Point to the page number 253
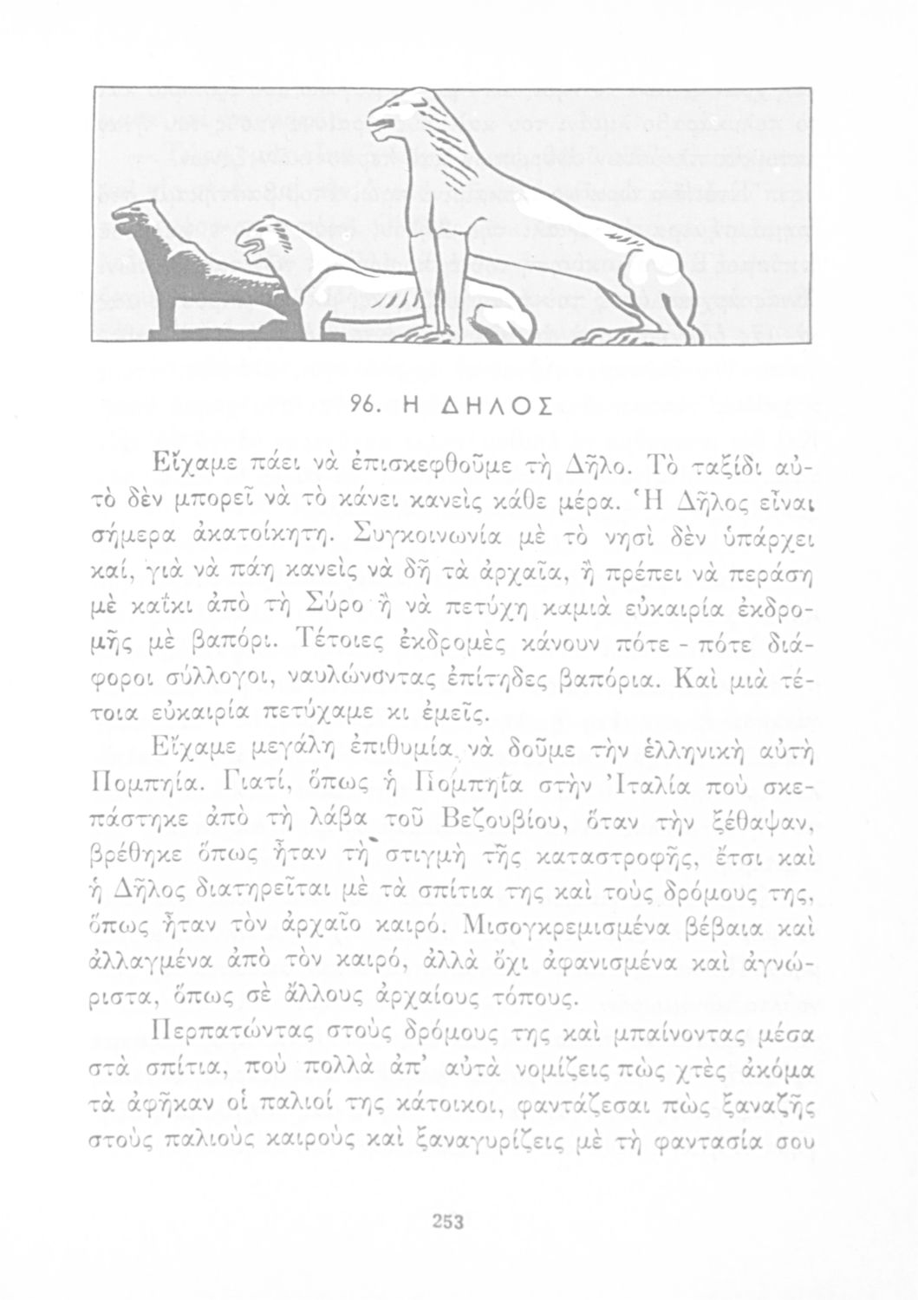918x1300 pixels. tap(450, 1223)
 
